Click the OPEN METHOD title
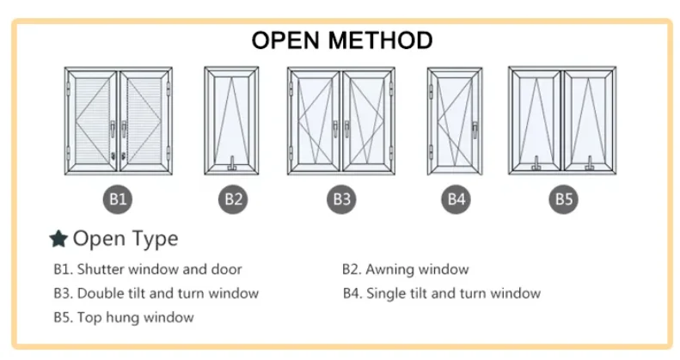341,40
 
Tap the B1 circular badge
119,199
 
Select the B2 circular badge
233,199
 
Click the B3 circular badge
342,199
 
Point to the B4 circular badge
456,199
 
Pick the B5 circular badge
563,199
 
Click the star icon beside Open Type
58,239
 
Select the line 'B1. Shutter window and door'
147,270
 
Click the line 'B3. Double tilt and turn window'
156,293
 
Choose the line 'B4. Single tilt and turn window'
441,293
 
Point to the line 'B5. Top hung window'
123,317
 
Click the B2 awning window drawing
231,120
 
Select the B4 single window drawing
454,120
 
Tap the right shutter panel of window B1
145,120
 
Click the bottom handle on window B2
232,162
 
